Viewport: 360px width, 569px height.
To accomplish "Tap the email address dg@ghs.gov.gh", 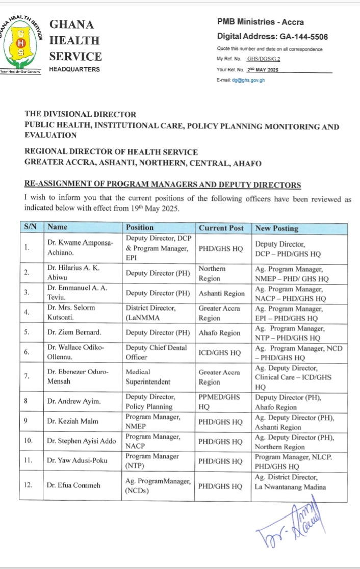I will tap(248, 80).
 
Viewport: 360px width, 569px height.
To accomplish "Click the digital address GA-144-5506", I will tap(303, 37).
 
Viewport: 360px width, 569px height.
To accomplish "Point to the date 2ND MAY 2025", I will tap(263, 69).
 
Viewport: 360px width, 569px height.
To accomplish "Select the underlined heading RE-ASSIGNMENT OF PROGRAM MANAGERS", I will tap(163, 185).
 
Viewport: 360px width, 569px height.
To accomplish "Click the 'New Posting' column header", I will tap(276, 228).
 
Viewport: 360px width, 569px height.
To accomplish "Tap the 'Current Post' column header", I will tap(221, 228).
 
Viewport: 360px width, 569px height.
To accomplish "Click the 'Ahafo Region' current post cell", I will tap(219, 332).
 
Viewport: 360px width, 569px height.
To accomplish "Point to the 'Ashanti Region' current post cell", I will tap(221, 293).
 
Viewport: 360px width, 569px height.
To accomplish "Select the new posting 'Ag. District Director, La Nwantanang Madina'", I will tap(291, 482).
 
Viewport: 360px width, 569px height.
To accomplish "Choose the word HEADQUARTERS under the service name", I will tap(74, 69).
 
